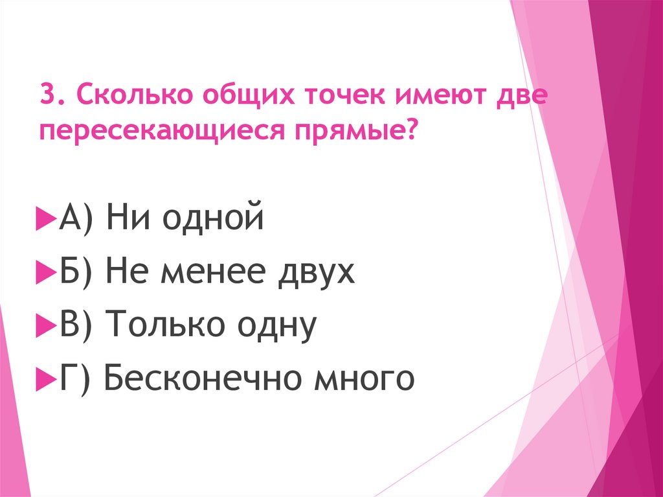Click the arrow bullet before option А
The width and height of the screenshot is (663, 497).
(46, 220)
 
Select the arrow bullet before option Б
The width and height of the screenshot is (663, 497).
(46, 273)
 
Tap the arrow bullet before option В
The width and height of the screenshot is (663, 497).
(46, 326)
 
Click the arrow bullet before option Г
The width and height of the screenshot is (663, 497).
(46, 378)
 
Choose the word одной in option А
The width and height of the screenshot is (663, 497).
(213, 219)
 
